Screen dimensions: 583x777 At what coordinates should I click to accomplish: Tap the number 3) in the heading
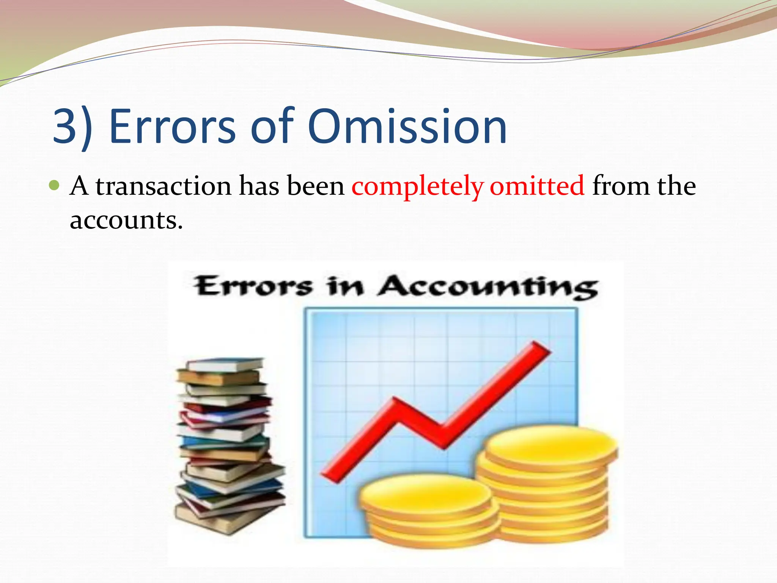coord(72,127)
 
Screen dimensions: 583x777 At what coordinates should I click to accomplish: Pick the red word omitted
coord(537,186)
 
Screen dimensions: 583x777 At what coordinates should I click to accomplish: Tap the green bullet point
coord(55,186)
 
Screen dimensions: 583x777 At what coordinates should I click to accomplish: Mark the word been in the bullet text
coord(315,186)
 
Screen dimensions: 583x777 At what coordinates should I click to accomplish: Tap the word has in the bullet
coord(259,186)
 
